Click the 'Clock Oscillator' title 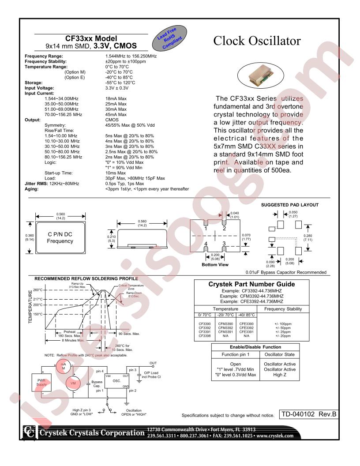[x=257, y=41]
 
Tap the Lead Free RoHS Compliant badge [x=169, y=38]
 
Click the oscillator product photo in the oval [x=260, y=75]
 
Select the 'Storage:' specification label [x=34, y=83]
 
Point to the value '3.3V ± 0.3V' [x=117, y=88]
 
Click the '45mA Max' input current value [x=116, y=114]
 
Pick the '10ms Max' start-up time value [x=116, y=173]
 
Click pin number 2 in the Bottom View [x=224, y=229]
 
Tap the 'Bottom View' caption [x=215, y=264]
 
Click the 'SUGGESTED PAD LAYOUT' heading [x=289, y=205]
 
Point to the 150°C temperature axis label [x=38, y=314]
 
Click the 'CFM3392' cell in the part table [x=225, y=328]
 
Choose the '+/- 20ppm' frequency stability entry [x=283, y=336]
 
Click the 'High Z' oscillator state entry [x=280, y=375]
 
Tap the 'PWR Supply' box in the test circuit [x=41, y=383]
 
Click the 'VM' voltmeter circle [x=73, y=383]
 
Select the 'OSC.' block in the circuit [x=117, y=381]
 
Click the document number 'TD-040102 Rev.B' [x=309, y=414]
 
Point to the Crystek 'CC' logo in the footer [x=30, y=432]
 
